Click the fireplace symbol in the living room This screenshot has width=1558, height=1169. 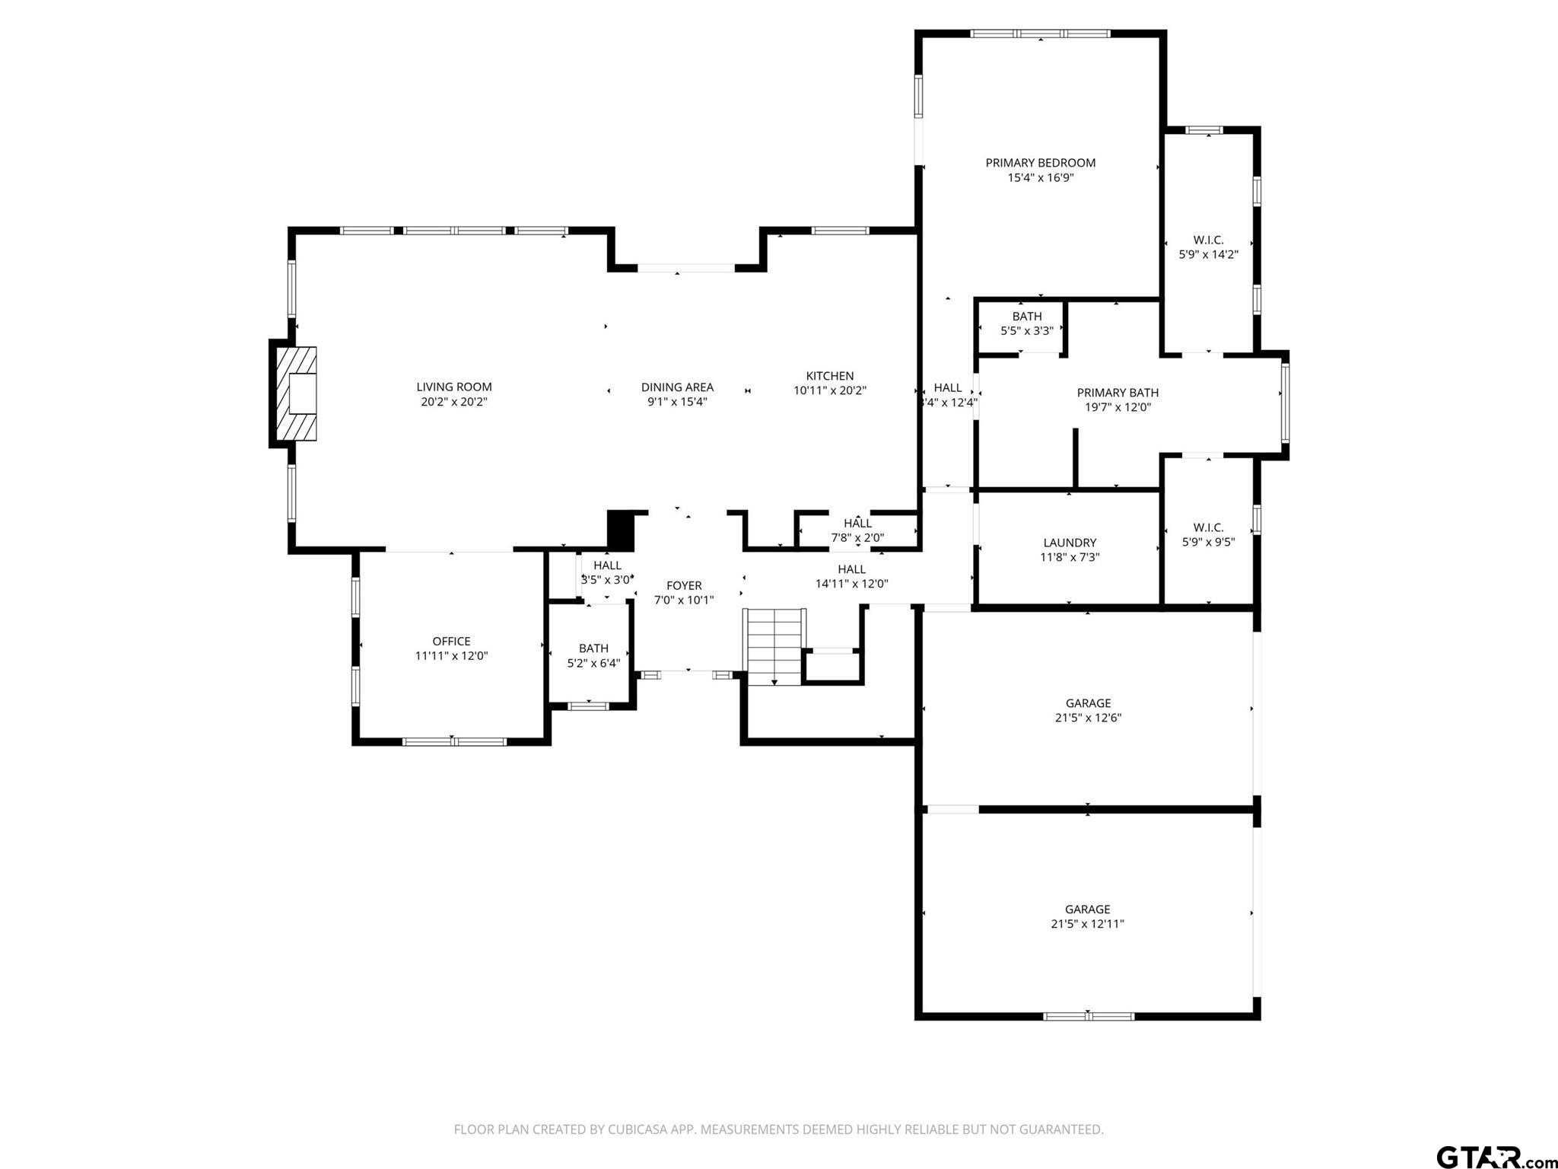[x=295, y=393]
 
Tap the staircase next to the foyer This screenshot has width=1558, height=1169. [x=774, y=646]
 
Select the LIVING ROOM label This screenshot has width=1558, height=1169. [x=454, y=387]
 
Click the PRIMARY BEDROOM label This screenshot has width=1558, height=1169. [x=1041, y=163]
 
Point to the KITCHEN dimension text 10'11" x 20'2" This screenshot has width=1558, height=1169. [x=830, y=390]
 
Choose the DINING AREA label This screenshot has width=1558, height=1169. [x=677, y=387]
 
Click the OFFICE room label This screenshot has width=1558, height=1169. [x=452, y=642]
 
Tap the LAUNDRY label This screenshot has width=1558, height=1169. [x=1070, y=543]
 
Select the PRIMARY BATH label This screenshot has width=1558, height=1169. [x=1118, y=393]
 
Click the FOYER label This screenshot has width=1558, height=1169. [x=684, y=585]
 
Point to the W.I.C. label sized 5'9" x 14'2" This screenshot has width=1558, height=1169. [x=1209, y=240]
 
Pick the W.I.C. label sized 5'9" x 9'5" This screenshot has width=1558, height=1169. [x=1209, y=527]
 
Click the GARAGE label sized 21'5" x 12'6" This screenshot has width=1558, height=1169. [x=1088, y=703]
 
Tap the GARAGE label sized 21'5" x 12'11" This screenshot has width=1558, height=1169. [x=1088, y=909]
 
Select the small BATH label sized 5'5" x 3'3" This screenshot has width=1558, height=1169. [x=1027, y=317]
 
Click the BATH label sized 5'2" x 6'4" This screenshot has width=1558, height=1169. [x=593, y=648]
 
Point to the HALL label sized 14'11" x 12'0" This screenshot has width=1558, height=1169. [x=852, y=569]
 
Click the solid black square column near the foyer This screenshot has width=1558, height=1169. [x=620, y=530]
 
